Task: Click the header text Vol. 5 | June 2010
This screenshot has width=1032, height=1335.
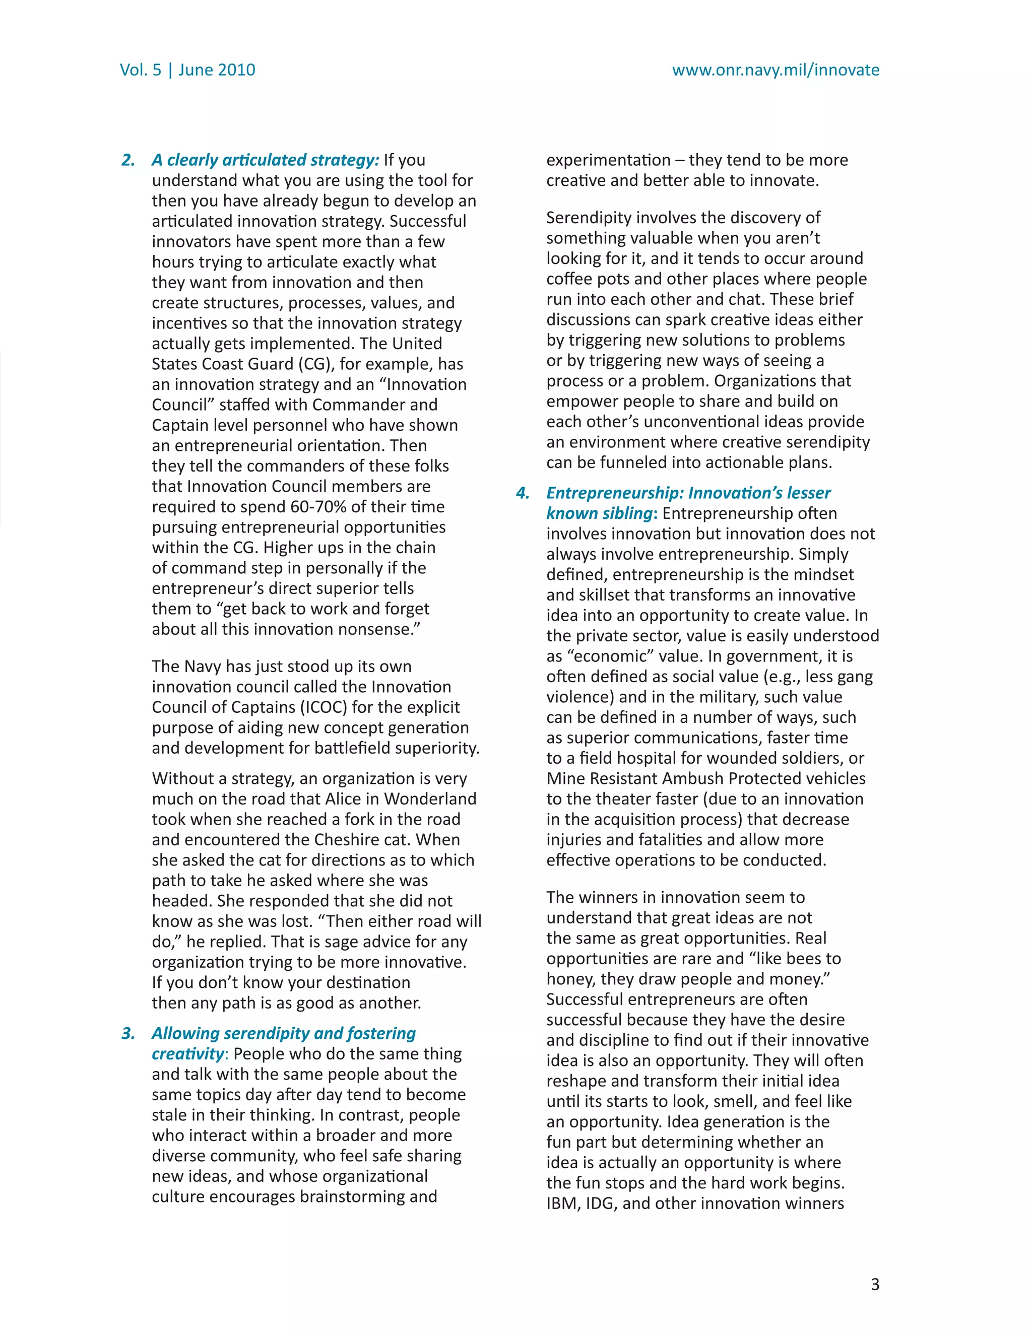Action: (187, 70)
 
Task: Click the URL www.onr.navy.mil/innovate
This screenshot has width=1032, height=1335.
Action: (775, 70)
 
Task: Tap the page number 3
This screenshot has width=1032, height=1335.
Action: (874, 1284)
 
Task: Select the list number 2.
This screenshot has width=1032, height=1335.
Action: (128, 160)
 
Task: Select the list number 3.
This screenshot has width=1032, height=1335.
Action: (128, 1034)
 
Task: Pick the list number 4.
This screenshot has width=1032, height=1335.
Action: (522, 493)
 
